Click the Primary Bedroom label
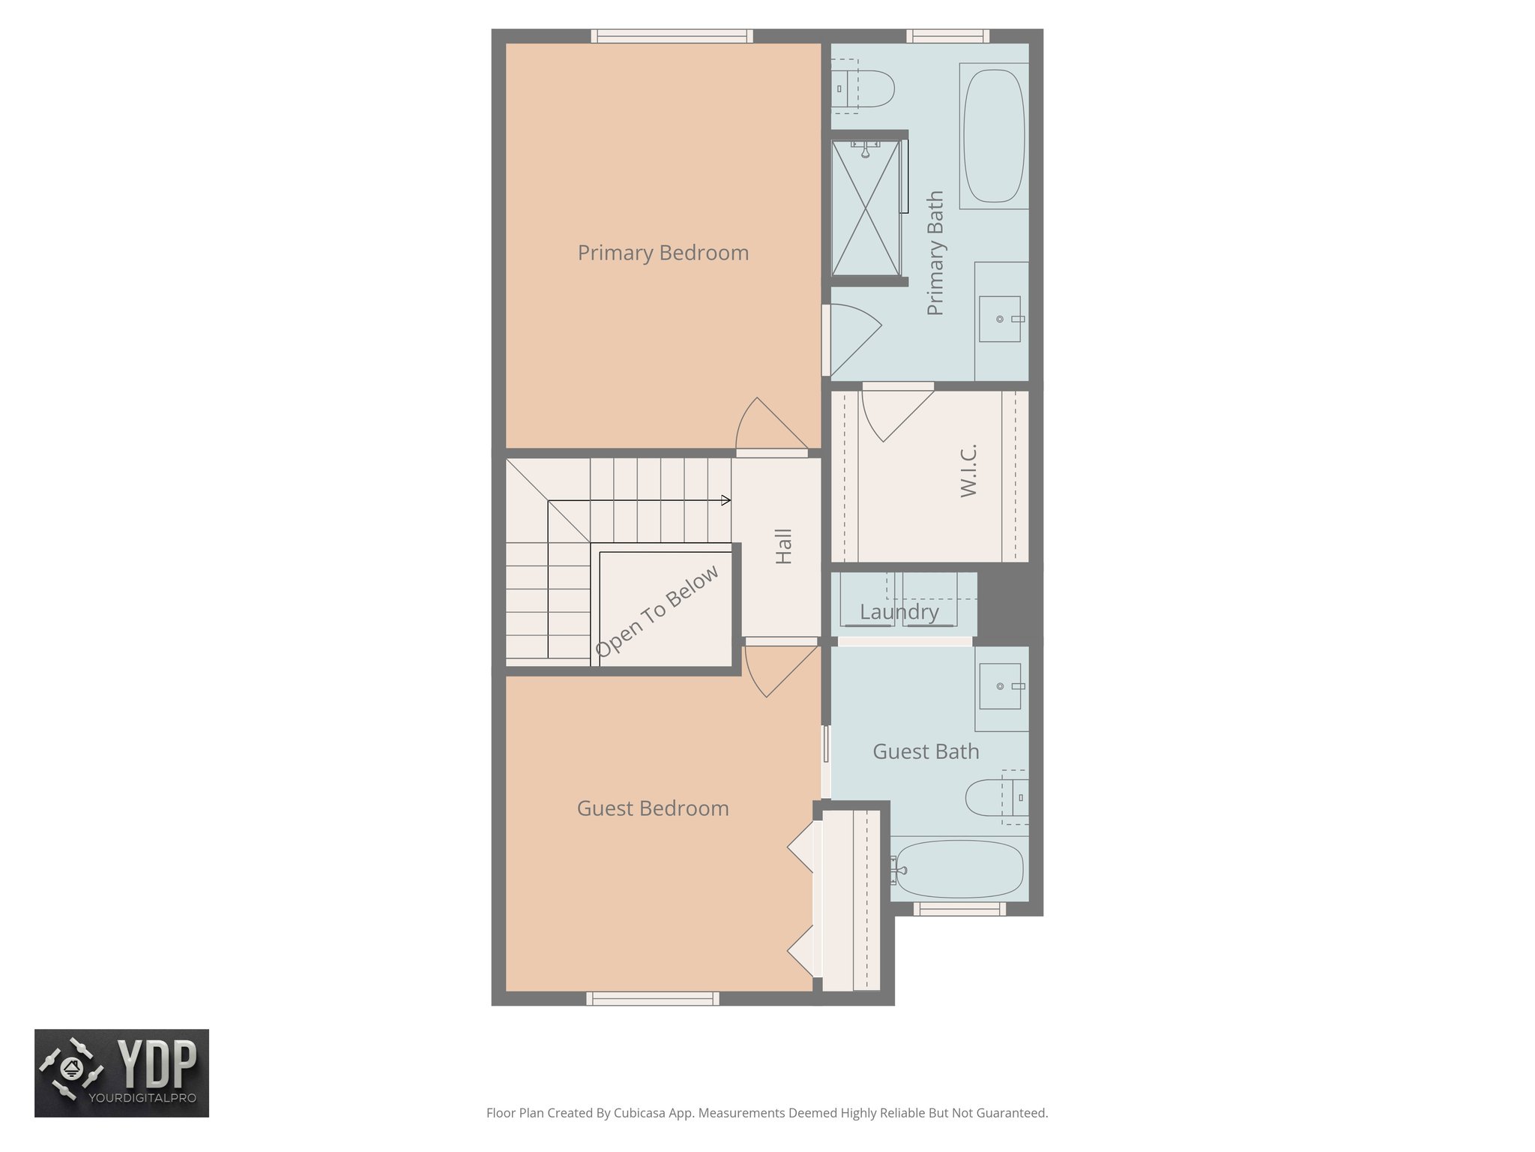(x=663, y=253)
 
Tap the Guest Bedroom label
(x=652, y=808)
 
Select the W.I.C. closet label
(x=968, y=470)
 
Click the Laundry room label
(x=899, y=612)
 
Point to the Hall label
(x=783, y=546)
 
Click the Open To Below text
(x=657, y=611)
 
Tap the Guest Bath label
(x=926, y=751)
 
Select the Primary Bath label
(x=935, y=253)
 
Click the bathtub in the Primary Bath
(x=993, y=136)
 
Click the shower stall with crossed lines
(x=866, y=209)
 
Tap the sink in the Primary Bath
(x=1000, y=319)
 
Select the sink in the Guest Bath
(x=1000, y=686)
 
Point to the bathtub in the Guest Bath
(x=959, y=869)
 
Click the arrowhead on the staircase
(x=726, y=500)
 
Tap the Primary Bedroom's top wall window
(x=672, y=36)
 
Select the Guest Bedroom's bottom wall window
(x=652, y=998)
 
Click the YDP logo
(x=121, y=1072)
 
